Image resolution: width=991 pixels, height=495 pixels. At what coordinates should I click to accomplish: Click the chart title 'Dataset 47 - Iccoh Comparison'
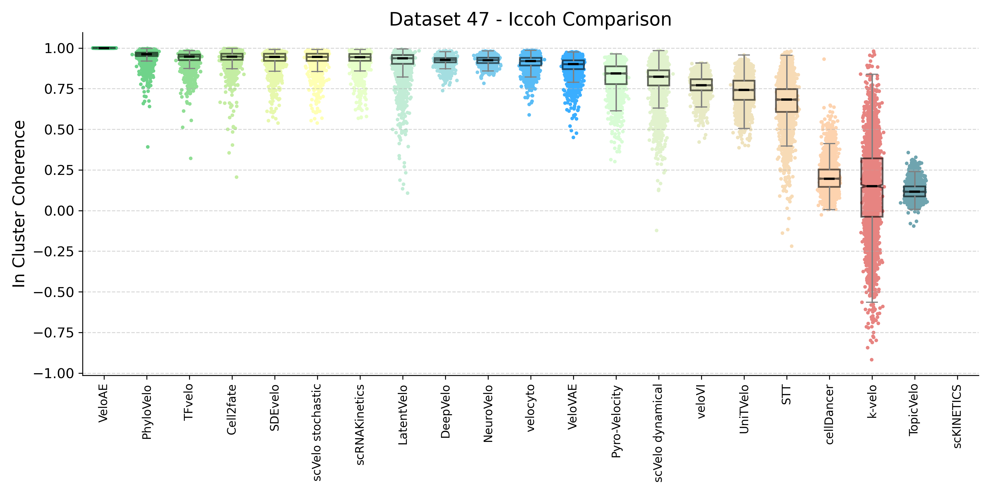pyautogui.click(x=530, y=19)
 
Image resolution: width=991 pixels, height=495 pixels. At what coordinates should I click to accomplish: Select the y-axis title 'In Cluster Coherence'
pyautogui.click(x=18, y=204)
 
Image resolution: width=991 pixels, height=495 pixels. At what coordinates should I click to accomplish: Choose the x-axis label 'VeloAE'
pyautogui.click(x=103, y=403)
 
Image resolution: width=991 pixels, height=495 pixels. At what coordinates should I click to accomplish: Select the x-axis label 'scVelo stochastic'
pyautogui.click(x=317, y=432)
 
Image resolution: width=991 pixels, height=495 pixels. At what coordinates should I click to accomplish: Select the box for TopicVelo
pyautogui.click(x=914, y=191)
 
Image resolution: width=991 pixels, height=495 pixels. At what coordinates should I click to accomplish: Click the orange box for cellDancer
pyautogui.click(x=829, y=178)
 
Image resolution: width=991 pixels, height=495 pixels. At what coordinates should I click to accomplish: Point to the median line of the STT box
pyautogui.click(x=786, y=100)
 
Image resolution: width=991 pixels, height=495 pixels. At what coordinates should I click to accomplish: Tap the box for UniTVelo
pyautogui.click(x=744, y=90)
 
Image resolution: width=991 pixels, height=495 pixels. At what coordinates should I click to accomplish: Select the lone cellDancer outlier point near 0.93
pyautogui.click(x=824, y=59)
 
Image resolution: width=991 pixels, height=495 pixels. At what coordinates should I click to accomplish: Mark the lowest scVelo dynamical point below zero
pyautogui.click(x=657, y=231)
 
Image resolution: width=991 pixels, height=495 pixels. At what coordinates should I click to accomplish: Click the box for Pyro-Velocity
pyautogui.click(x=616, y=75)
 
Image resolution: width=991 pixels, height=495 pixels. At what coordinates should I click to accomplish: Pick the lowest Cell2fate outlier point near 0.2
pyautogui.click(x=236, y=177)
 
